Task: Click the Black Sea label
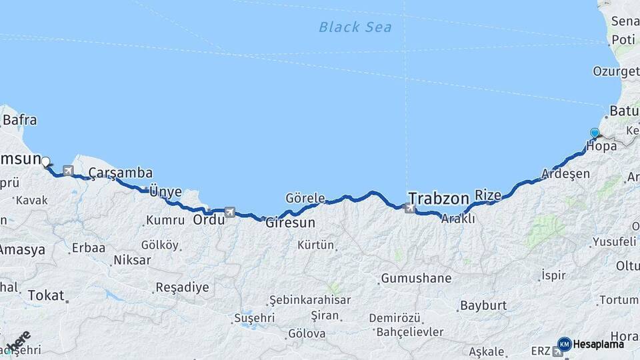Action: (355, 27)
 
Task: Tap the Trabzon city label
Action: (439, 198)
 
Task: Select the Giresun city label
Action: (290, 223)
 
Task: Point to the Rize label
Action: (487, 195)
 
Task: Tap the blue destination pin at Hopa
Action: (595, 133)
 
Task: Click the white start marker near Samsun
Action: (45, 161)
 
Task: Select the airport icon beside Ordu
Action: (230, 212)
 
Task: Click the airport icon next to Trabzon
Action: (410, 209)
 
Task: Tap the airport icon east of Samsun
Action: (67, 170)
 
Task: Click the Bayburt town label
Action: (483, 305)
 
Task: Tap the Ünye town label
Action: (165, 191)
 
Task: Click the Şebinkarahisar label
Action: (310, 300)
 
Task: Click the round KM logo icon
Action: (565, 344)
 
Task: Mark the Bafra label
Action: (20, 121)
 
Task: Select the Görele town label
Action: (305, 198)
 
